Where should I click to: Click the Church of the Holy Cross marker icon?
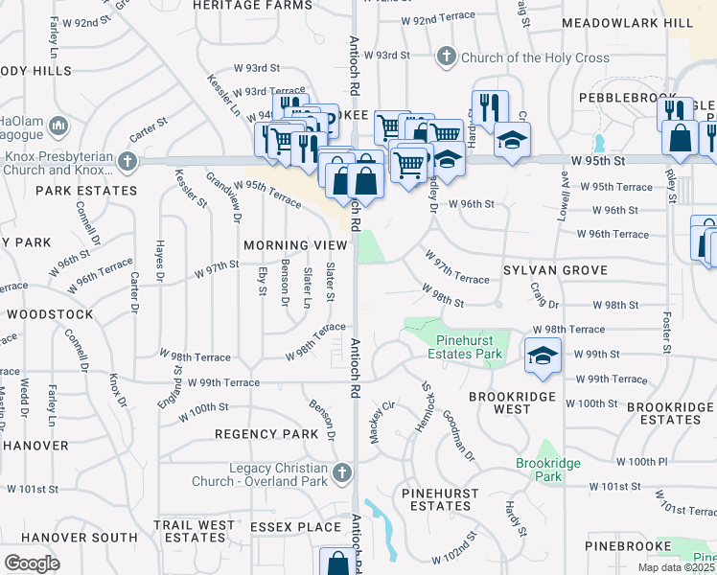tap(445, 57)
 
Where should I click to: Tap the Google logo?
tap(32, 563)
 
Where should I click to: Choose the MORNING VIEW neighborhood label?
tap(293, 246)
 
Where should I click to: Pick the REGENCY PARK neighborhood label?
tap(266, 434)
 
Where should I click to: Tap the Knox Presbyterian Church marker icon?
tap(127, 162)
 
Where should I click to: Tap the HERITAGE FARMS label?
tap(240, 5)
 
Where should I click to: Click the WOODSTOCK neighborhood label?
tap(50, 314)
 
